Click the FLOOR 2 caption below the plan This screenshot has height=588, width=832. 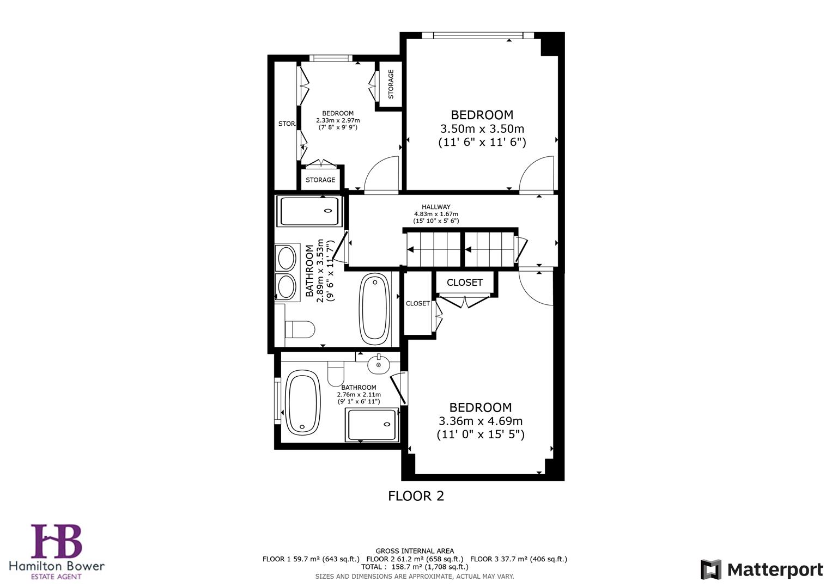click(416, 496)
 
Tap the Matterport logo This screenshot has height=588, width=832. click(761, 570)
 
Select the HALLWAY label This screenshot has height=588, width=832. click(436, 207)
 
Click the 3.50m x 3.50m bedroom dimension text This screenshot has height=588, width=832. click(482, 129)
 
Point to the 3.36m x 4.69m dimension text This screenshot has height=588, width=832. click(480, 421)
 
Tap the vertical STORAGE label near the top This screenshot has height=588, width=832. click(390, 84)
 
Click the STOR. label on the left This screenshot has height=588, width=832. click(287, 124)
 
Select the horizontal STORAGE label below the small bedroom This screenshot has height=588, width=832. click(320, 180)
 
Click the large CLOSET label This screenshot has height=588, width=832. click(464, 282)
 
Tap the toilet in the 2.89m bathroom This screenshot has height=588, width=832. click(299, 329)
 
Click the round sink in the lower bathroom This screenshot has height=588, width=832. click(378, 364)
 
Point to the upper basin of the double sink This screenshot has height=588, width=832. click(286, 258)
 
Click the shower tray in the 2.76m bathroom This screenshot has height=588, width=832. click(372, 425)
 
